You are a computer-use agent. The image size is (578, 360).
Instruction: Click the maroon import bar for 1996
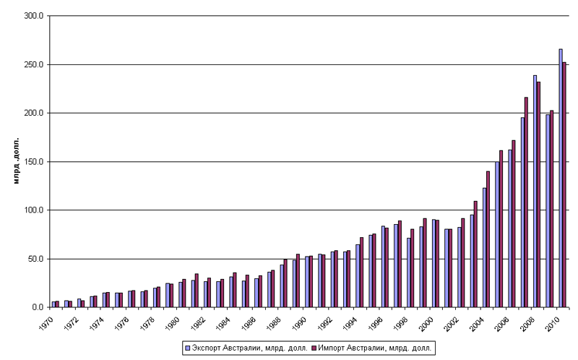tap(386, 267)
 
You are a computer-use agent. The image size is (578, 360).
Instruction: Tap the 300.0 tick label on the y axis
tap(34, 16)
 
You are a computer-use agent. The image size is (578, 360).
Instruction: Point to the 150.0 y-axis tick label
tap(34, 162)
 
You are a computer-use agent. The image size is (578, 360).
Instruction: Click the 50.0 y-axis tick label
tap(36, 259)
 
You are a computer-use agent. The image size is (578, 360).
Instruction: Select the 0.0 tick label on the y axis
tap(38, 307)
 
